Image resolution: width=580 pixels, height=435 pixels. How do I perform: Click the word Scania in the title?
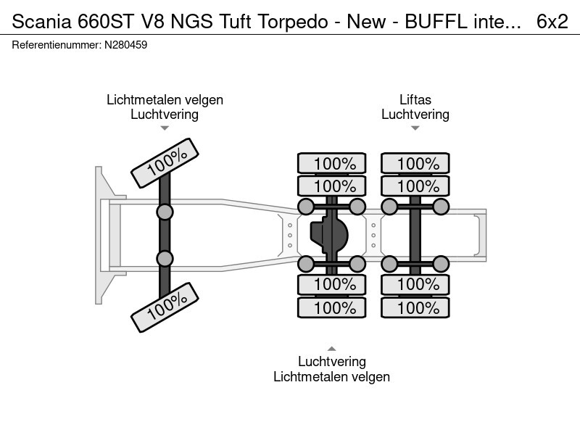coord(41,22)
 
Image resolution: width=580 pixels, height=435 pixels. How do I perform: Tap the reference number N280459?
coord(125,45)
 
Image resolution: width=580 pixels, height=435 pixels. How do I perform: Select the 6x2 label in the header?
coord(552,22)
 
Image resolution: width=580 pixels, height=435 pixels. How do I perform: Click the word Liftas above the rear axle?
coord(415,100)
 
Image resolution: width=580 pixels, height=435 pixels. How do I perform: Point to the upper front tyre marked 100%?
coord(165,163)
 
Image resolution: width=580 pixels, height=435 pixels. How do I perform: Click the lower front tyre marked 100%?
coord(165,307)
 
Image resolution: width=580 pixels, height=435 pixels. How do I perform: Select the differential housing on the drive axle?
coord(329,235)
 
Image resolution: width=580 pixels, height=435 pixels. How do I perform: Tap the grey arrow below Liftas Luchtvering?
coord(415,128)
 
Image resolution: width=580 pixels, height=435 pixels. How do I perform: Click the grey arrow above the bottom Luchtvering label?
coord(332,349)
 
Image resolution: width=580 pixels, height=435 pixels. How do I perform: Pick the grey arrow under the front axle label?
coord(165,128)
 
